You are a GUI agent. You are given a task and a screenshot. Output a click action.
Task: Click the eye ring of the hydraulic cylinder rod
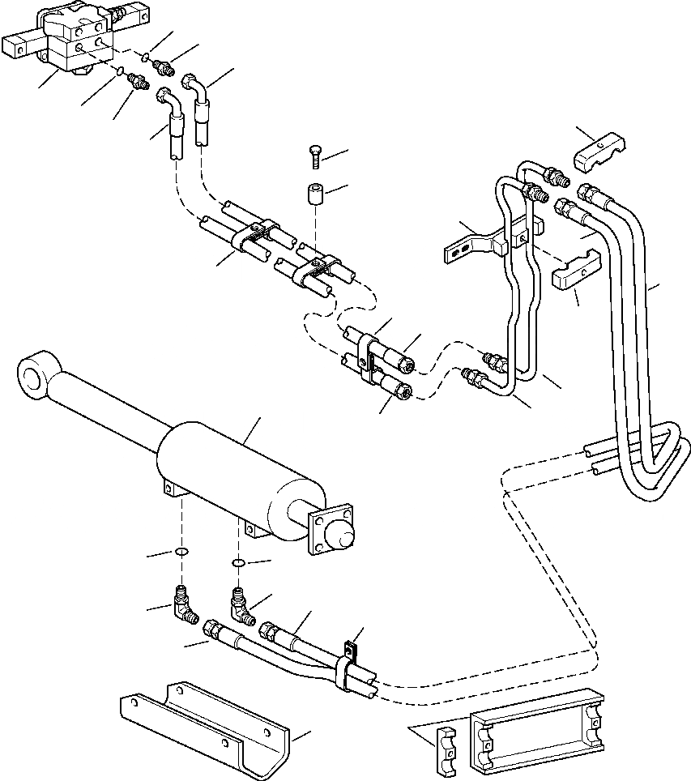[x=34, y=375]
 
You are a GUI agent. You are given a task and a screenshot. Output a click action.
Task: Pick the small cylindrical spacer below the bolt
[x=315, y=195]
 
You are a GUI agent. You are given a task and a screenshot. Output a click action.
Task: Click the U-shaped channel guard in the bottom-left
[x=211, y=719]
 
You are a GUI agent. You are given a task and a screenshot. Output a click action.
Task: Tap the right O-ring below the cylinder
[x=238, y=562]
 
